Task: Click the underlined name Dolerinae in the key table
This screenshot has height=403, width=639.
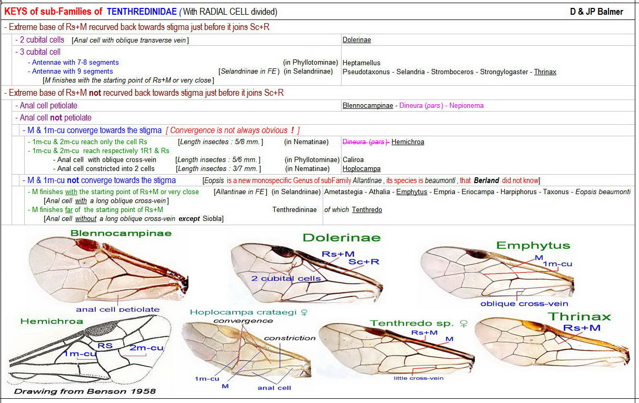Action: [x=356, y=40]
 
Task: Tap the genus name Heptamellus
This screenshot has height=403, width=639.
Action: [x=361, y=63]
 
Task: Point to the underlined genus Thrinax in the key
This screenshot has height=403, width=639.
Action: [x=545, y=72]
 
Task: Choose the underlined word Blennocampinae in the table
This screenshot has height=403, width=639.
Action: [x=367, y=105]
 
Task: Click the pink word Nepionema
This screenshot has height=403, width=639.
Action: [x=466, y=105]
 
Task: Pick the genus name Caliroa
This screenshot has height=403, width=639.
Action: [x=353, y=159]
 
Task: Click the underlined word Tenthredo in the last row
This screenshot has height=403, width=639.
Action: [x=367, y=209]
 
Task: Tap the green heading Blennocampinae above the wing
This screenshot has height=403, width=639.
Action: [x=121, y=233]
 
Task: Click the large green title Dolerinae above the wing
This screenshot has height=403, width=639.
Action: [x=341, y=237]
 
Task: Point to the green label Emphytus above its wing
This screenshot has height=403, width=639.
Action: [x=533, y=246]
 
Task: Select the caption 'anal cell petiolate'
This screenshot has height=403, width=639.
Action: [x=117, y=309]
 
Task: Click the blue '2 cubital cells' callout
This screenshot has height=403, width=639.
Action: [x=285, y=278]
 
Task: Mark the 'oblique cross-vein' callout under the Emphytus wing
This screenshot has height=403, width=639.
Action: [x=524, y=304]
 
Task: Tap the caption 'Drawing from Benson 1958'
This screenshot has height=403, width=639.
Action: [x=85, y=391]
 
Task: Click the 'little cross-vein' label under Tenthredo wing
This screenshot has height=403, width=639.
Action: [x=418, y=378]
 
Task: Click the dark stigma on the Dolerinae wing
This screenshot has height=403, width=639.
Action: [x=284, y=251]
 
